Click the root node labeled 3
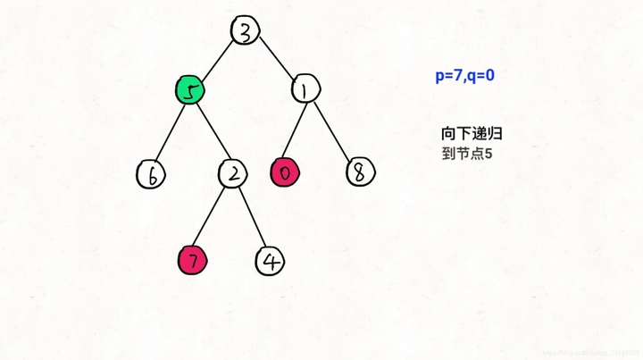pos(246,30)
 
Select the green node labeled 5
pos(189,89)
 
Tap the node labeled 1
pos(305,89)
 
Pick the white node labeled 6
pos(152,175)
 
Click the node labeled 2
pos(232,173)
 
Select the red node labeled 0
pos(285,173)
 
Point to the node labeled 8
pos(359,173)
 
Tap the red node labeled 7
pos(192,260)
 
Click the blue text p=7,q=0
pos(464,76)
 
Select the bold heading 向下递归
pos(472,133)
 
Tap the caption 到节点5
pos(467,154)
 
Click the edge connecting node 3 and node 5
pos(218,59)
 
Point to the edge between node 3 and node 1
pos(276,60)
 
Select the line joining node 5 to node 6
pos(171,132)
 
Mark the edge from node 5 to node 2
pos(211,131)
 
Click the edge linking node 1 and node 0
pos(296,131)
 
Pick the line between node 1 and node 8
pos(332,131)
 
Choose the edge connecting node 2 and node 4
pos(251,216)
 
